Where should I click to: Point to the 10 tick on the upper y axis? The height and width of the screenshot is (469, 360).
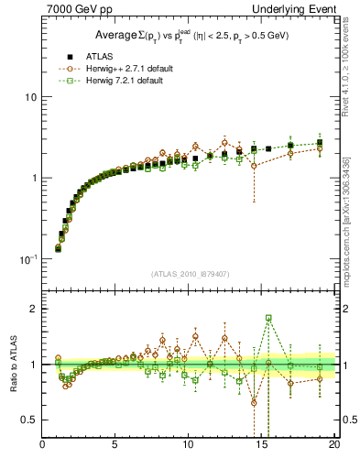tap(30, 97)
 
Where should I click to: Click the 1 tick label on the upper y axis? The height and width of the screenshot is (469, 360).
tap(34, 178)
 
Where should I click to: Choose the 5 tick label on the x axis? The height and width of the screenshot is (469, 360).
tap(115, 446)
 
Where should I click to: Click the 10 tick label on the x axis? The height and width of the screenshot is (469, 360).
tap(188, 446)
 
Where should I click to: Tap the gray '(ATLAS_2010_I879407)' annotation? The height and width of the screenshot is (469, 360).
tap(190, 274)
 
